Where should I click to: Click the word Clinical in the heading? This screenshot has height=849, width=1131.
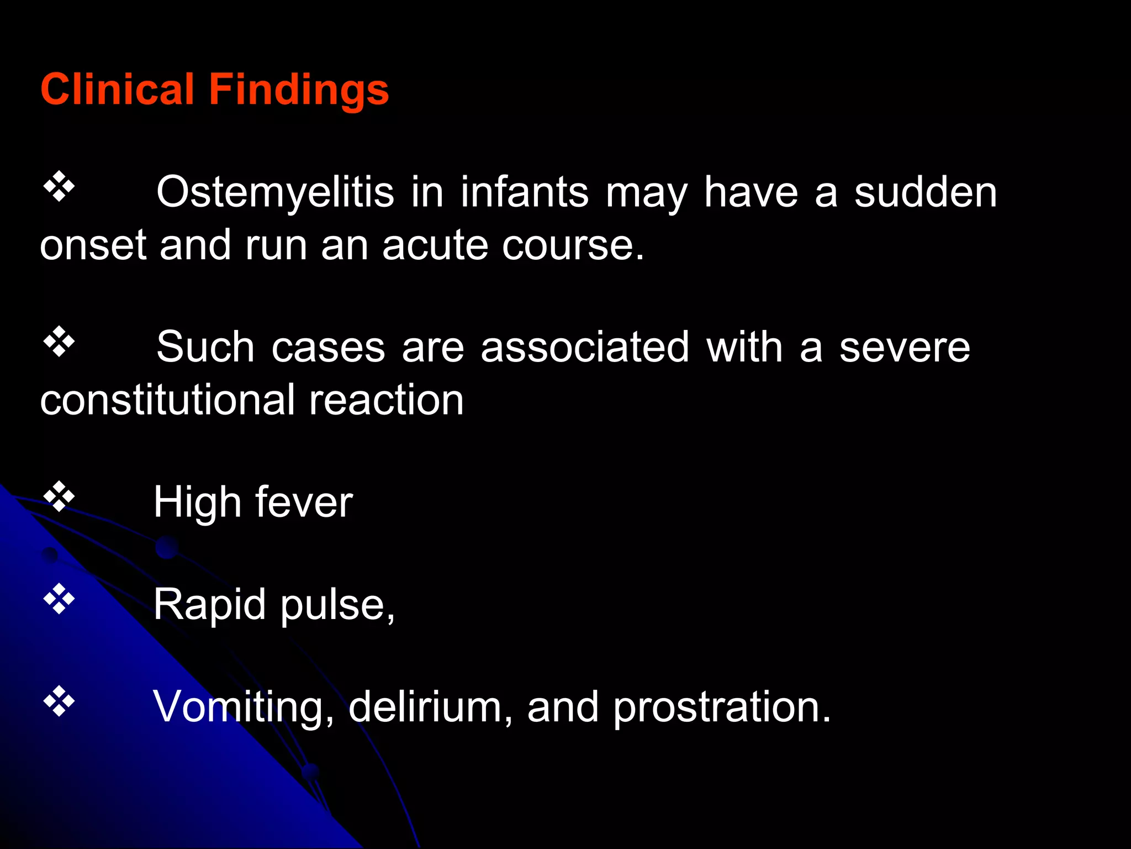pyautogui.click(x=117, y=90)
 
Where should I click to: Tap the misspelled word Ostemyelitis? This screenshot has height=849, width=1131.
pyautogui.click(x=275, y=193)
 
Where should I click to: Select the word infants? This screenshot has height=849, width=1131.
pyautogui.click(x=525, y=192)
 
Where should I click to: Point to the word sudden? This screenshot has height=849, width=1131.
pyautogui.click(x=926, y=192)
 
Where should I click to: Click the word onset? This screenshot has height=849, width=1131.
pyautogui.click(x=93, y=245)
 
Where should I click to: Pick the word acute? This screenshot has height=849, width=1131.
pyautogui.click(x=435, y=245)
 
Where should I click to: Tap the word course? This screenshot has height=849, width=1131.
pyautogui.click(x=573, y=245)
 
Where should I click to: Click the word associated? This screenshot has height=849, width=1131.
pyautogui.click(x=585, y=347)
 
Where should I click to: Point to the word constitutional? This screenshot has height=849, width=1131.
pyautogui.click(x=167, y=400)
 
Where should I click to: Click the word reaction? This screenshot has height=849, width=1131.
pyautogui.click(x=386, y=400)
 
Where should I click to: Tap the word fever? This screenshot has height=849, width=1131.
pyautogui.click(x=304, y=502)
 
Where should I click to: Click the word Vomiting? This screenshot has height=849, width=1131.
pyautogui.click(x=243, y=707)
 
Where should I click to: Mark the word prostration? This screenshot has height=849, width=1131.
pyautogui.click(x=721, y=707)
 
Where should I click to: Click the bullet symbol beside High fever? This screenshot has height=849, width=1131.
pyautogui.click(x=59, y=497)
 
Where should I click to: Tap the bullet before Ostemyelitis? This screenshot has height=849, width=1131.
pyautogui.click(x=59, y=187)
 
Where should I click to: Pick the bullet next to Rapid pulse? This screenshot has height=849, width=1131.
pyautogui.click(x=59, y=599)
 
